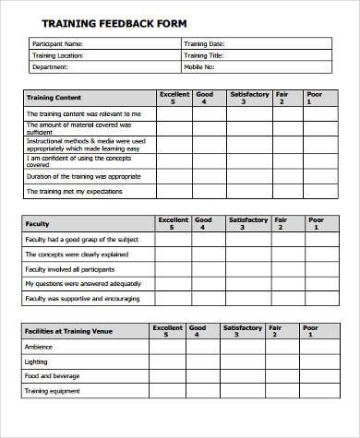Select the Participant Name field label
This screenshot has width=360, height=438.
tap(57, 43)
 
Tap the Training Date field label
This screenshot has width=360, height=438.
tap(205, 43)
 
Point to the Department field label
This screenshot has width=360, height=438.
tap(50, 66)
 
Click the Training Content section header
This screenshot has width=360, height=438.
tap(54, 97)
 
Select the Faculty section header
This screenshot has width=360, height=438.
tap(38, 223)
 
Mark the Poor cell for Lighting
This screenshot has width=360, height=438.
tap(316, 362)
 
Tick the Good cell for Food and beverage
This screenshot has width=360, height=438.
tap(205, 377)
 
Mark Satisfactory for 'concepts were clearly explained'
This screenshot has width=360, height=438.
tap(247, 254)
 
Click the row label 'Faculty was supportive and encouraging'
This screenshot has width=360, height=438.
tap(82, 299)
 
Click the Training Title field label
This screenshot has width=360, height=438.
tap(204, 55)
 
